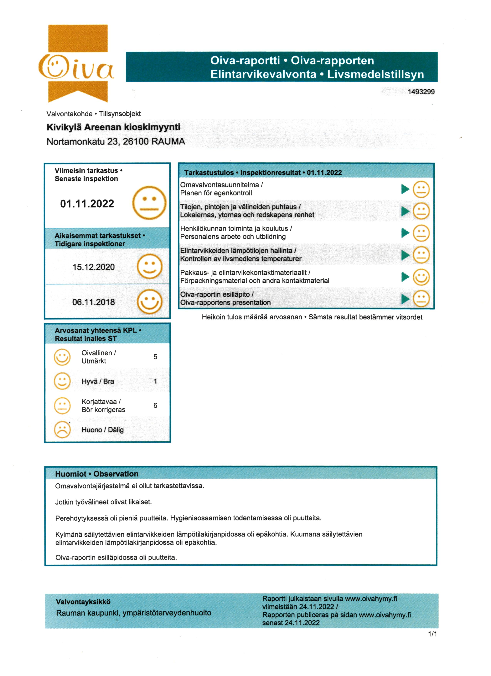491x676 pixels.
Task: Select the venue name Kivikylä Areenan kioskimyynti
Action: [x=113, y=127]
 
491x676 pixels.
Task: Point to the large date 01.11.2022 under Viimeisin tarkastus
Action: [x=87, y=204]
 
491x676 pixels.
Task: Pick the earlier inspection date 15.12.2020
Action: [x=94, y=267]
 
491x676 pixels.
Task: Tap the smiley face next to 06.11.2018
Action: [x=149, y=302]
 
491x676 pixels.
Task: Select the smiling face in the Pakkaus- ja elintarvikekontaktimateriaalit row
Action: [x=421, y=277]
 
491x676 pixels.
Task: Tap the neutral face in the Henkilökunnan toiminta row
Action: [x=421, y=233]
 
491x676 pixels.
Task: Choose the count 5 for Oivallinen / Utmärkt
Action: [x=155, y=357]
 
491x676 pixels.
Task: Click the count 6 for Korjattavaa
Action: [x=155, y=405]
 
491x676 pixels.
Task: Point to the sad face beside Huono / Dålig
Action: [x=62, y=430]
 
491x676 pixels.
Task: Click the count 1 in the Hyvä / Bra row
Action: [x=155, y=381]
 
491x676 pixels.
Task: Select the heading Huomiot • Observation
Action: [x=97, y=474]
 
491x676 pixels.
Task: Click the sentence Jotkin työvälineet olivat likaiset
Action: [x=103, y=502]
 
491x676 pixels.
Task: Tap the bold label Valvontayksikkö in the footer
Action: [x=83, y=602]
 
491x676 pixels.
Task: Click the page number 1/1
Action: [x=432, y=634]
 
